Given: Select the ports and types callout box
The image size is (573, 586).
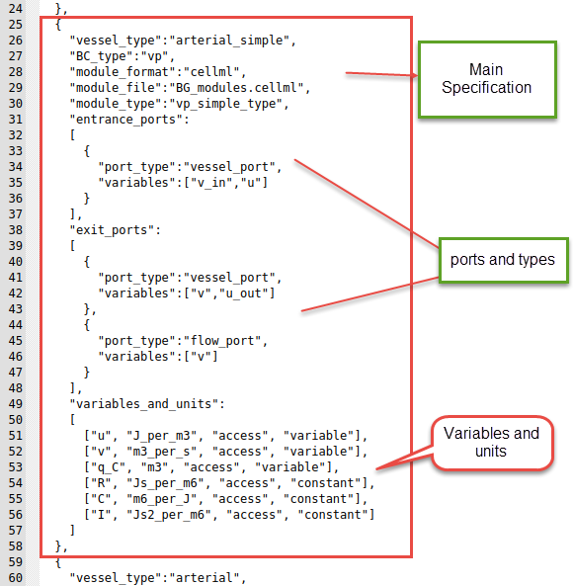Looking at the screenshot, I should (503, 261).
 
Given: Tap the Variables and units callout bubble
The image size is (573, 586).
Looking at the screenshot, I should (490, 442).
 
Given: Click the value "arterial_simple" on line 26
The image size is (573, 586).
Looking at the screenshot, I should (228, 42).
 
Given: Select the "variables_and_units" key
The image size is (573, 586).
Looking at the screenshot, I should (142, 403).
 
